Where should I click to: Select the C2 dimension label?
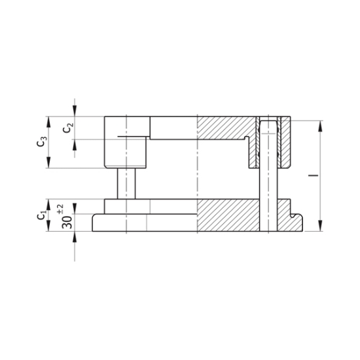point(68,128)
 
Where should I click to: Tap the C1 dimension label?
point(41,213)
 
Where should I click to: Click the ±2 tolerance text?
point(60,208)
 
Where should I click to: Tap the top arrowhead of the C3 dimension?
point(48,120)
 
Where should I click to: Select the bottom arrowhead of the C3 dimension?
point(48,165)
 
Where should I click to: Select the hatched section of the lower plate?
point(229,215)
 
